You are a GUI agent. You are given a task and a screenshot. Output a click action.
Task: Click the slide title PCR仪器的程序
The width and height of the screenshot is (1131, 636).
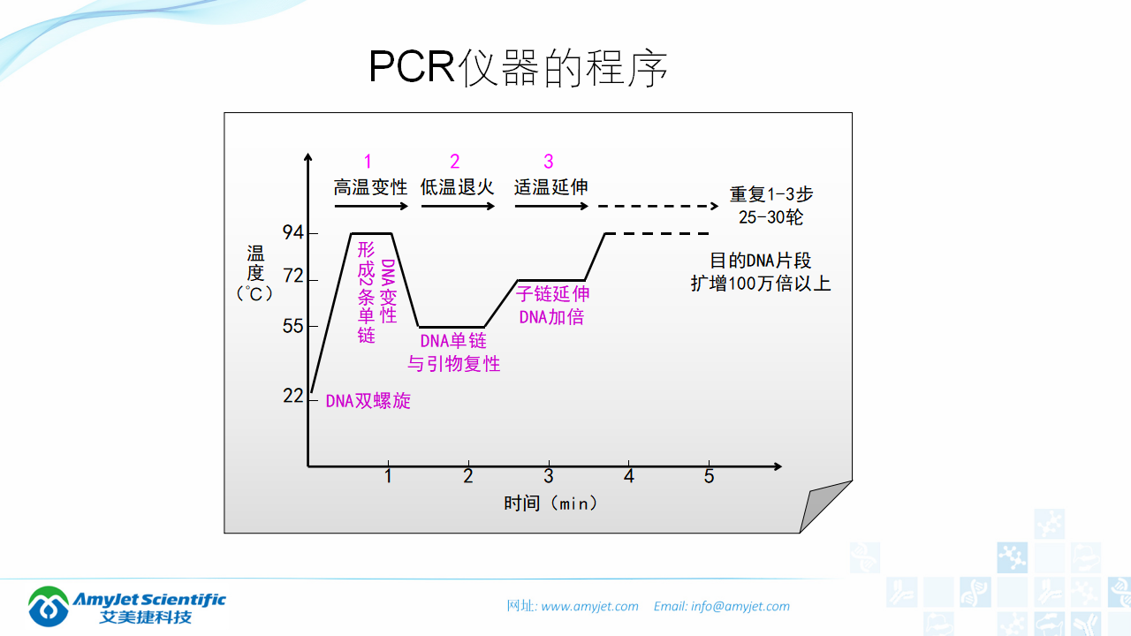[x=518, y=67]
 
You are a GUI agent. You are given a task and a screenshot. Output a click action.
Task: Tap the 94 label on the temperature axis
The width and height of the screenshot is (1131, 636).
[x=293, y=233]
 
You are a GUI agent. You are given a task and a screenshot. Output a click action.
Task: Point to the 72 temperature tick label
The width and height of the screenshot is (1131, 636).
[x=293, y=277]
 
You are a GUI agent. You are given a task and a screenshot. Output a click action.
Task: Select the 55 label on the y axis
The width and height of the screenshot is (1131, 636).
[x=293, y=326]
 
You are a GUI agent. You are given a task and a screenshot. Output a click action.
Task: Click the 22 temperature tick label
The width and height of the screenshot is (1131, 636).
[x=293, y=396]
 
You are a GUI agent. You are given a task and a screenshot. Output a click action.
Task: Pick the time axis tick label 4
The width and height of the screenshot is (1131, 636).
[x=628, y=477]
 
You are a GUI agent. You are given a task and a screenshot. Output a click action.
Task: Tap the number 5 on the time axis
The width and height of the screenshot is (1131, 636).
[x=709, y=477]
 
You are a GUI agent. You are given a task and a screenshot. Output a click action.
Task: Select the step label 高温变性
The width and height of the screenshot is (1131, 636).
[x=370, y=187]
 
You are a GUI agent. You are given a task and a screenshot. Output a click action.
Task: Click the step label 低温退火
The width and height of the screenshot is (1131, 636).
[x=457, y=187]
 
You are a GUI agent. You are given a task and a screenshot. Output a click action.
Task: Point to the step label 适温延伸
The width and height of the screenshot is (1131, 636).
[x=551, y=187]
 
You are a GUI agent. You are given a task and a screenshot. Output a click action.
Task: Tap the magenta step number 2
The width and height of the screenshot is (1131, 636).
[x=455, y=161]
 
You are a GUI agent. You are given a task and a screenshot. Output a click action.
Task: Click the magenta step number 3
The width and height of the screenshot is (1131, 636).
[x=549, y=161]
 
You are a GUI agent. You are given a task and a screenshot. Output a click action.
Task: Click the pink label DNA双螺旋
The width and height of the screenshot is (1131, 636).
[x=368, y=401]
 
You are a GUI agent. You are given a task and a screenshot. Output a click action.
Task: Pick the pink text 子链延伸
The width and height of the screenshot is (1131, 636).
[x=553, y=294]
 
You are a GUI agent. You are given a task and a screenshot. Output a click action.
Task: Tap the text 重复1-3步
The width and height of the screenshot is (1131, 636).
[x=771, y=194]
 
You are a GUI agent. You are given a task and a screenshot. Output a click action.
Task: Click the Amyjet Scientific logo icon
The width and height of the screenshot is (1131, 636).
[x=49, y=606]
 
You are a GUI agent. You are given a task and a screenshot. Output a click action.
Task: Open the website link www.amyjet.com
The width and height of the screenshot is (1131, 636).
[x=589, y=607]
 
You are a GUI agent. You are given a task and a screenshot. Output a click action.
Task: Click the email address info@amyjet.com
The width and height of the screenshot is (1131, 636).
[x=740, y=607]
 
